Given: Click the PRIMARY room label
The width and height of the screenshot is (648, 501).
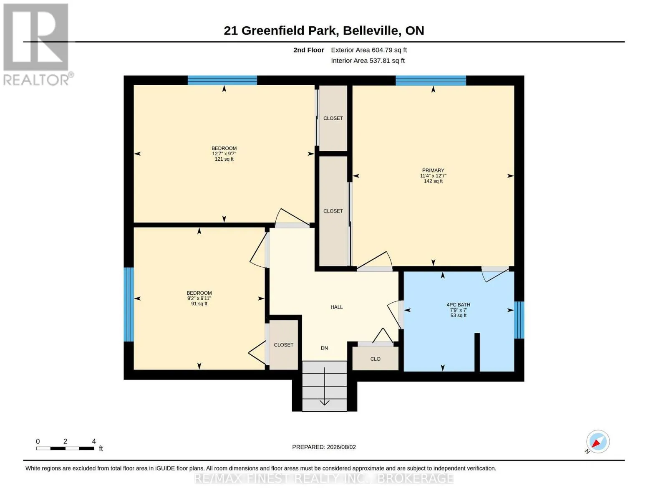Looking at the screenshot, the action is (x=433, y=170).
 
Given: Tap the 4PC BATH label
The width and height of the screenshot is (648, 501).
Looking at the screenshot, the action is (x=458, y=305).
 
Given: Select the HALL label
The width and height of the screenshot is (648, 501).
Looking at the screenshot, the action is (x=337, y=307).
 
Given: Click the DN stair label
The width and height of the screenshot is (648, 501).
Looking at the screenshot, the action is (x=325, y=348).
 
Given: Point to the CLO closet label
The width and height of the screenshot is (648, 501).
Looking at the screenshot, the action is (x=376, y=359).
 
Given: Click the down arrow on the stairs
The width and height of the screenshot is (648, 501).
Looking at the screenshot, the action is (x=325, y=387).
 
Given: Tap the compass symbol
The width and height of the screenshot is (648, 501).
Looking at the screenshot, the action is (x=598, y=442).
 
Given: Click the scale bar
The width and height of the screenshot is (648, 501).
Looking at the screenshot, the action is (x=66, y=448).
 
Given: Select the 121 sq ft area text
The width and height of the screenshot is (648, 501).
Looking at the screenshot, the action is (x=224, y=159).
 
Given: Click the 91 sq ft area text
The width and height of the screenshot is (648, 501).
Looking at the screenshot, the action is (x=199, y=304).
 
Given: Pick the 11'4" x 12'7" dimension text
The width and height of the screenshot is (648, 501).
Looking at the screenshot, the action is (x=433, y=176).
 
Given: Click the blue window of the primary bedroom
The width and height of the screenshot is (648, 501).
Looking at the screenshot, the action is (x=431, y=81).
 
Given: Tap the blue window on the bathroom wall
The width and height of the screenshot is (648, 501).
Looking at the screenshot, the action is (x=519, y=320).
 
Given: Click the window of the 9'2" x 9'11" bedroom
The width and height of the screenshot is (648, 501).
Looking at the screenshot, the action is (x=129, y=304).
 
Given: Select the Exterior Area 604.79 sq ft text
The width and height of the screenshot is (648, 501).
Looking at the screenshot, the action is (x=369, y=50).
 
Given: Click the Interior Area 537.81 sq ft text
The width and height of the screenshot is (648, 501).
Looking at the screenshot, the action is (x=368, y=61).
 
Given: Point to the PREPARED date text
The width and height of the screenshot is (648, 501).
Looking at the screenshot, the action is (x=324, y=447).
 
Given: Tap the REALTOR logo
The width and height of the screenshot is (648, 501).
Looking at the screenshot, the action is (x=37, y=45).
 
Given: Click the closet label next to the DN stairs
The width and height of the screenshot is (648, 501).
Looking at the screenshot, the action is (x=284, y=344).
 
